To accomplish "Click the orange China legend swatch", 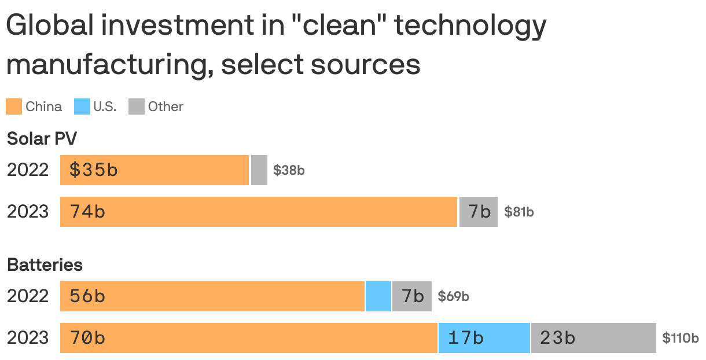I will (x=14, y=106).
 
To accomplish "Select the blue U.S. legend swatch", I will (x=82, y=106).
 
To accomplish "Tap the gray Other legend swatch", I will (x=136, y=106).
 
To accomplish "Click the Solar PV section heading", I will (x=42, y=139).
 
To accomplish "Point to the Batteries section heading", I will (x=45, y=265).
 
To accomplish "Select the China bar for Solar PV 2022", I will (x=155, y=170).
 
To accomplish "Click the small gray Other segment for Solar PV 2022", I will (x=259, y=170).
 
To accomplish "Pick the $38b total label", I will (x=289, y=170).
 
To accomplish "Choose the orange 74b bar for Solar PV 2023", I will (x=259, y=212).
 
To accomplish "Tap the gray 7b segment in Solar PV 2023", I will (x=479, y=212).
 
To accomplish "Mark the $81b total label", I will (x=519, y=212).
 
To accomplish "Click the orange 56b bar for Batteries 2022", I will (x=212, y=296).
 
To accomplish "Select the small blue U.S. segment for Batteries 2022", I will (x=378, y=296).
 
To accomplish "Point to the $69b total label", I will (x=453, y=296).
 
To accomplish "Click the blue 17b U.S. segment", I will (x=484, y=338).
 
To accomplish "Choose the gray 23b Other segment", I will (x=593, y=338).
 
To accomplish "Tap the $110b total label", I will (x=681, y=338).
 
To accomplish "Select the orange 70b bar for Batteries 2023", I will (x=249, y=338).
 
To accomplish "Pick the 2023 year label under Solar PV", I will (x=28, y=212).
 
